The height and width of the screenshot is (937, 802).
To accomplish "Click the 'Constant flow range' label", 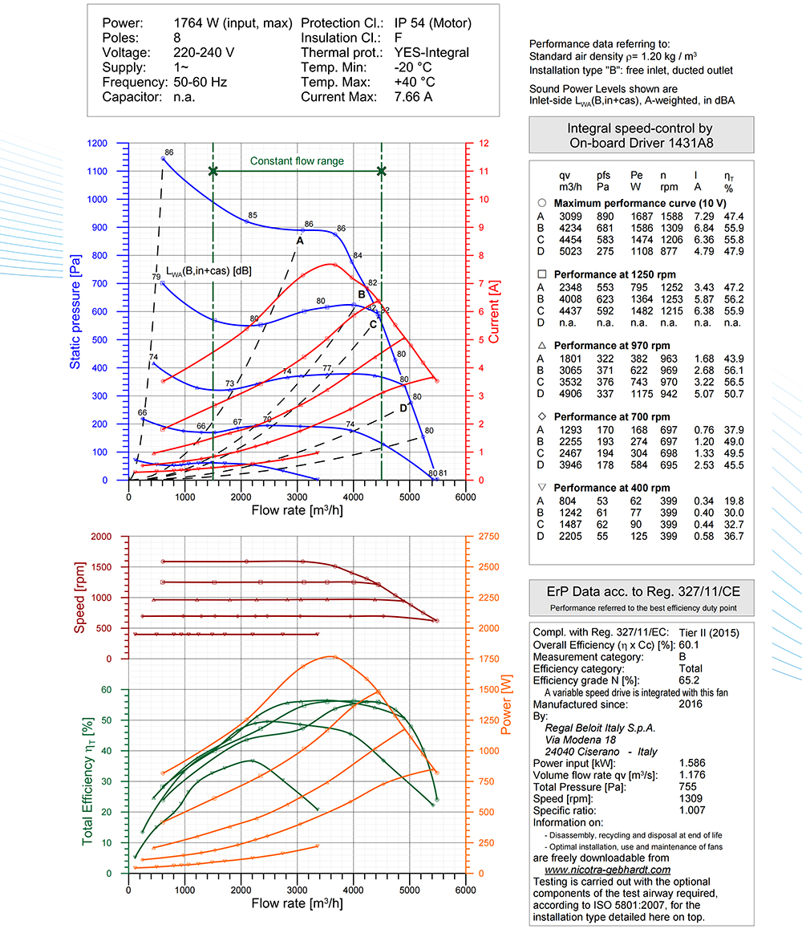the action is (297, 160).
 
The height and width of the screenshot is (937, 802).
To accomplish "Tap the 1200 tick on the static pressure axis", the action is (97, 144).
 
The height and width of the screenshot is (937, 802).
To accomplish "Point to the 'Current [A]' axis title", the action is (494, 312).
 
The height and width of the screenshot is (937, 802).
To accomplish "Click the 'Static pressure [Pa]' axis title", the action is (75, 312).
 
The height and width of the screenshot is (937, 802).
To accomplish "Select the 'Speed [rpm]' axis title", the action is (79, 597).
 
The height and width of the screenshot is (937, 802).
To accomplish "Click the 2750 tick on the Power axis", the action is (489, 537).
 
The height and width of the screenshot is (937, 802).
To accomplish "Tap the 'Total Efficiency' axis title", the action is (88, 781).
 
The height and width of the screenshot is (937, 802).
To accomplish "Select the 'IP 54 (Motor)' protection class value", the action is (432, 23).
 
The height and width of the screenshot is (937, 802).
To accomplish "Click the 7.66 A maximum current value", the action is (413, 97).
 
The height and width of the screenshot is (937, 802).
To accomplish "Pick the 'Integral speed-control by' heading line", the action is (640, 128).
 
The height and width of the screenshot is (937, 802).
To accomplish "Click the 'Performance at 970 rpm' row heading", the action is (612, 346).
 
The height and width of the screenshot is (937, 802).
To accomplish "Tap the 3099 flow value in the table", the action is (571, 217).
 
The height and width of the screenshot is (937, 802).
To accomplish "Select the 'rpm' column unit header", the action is (670, 187).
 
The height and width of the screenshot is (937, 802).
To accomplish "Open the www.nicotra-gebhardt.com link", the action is (607, 870).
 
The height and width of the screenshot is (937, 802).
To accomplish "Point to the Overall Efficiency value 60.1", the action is (689, 645).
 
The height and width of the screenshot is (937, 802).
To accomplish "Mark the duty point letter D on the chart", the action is (403, 408).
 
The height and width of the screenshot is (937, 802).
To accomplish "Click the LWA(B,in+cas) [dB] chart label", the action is (209, 271).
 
